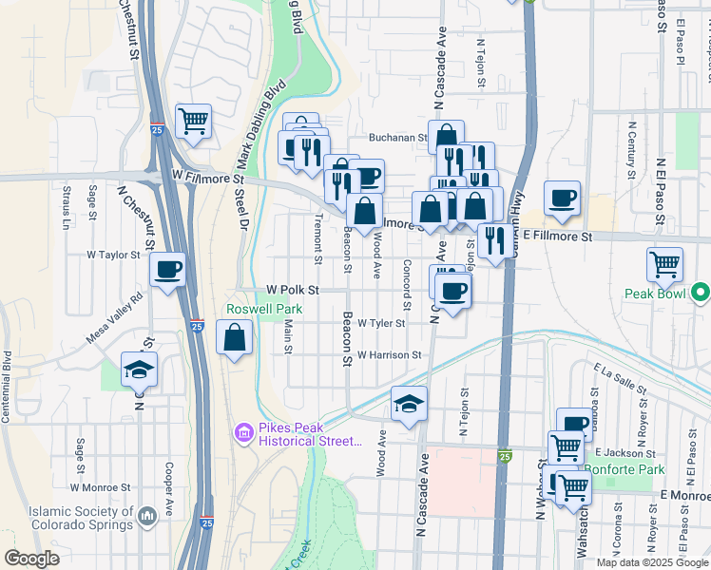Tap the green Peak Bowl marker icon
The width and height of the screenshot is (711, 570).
click(x=701, y=291)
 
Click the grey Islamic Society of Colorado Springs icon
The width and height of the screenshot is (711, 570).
click(x=146, y=516)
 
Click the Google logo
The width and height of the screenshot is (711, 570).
click(x=31, y=559)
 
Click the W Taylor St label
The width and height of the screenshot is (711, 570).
click(x=113, y=255)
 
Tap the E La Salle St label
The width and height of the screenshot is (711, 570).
click(x=618, y=378)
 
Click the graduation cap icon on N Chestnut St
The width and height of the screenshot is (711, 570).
click(x=139, y=369)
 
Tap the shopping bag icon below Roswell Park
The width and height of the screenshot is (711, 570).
click(x=235, y=336)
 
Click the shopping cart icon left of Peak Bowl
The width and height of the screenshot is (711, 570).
click(x=663, y=262)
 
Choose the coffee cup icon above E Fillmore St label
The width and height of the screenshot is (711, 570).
click(x=562, y=198)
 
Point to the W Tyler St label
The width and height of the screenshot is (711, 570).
click(x=381, y=323)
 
